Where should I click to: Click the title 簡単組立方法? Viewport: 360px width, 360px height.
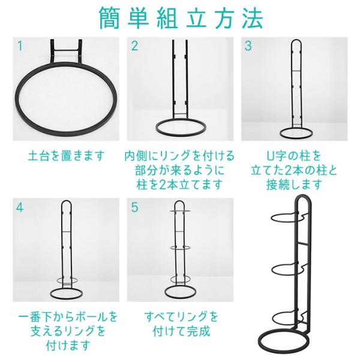coord(181,19)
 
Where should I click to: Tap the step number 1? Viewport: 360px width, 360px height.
coord(20,46)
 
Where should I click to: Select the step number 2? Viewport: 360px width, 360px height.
coord(134,46)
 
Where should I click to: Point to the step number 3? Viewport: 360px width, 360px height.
coord(248,46)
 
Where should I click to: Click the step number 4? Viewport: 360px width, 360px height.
coord(20,208)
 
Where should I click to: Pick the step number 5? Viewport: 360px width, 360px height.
coord(134,207)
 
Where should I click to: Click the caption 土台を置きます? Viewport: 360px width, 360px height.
coord(66,155)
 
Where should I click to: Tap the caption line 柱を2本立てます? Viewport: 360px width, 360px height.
coord(180,185)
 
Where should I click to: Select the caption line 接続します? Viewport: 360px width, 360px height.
coord(294,185)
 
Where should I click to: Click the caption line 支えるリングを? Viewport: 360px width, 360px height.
coord(68,331)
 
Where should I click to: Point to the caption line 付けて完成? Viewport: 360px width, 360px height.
coord(181,331)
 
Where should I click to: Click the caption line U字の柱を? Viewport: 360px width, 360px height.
coord(294,155)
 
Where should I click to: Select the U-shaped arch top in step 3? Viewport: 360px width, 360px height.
coord(296,41)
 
